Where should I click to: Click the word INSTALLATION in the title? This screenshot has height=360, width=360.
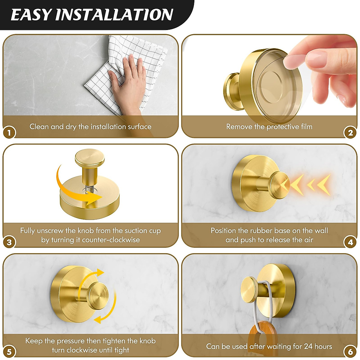tap(114, 15)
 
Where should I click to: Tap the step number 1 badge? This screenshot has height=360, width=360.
tap(9, 133)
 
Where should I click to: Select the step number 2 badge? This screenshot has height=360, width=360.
tap(350, 133)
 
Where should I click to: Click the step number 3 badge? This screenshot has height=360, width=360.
tap(9, 242)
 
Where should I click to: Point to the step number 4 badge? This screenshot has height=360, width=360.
tap(350, 242)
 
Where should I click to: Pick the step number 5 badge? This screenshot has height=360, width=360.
tap(9, 352)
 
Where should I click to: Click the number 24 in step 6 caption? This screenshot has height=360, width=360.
tap(308, 346)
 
